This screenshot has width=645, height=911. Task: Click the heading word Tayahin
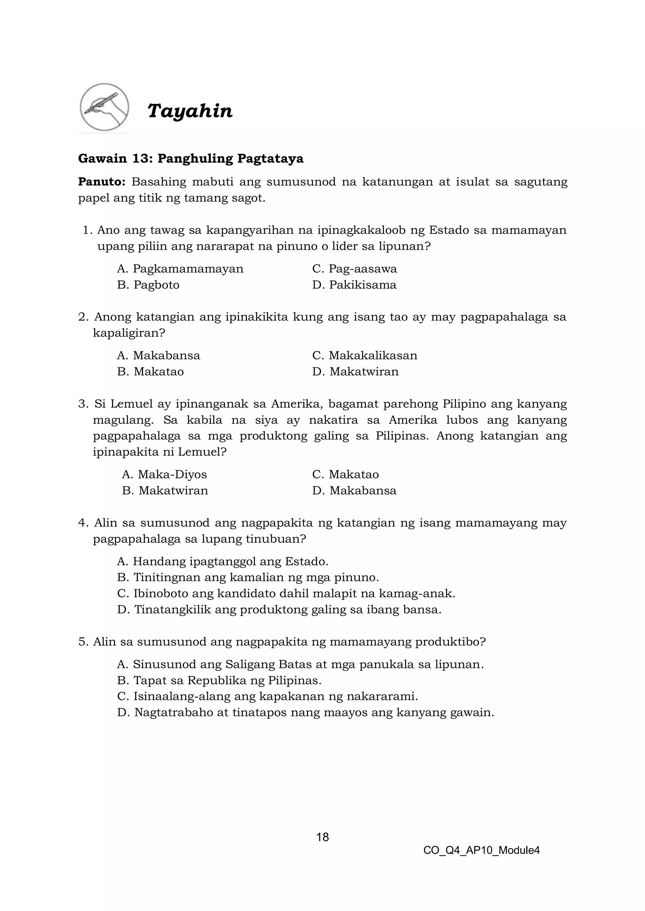click(190, 111)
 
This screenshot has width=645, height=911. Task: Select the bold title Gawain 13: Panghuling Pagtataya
click(191, 159)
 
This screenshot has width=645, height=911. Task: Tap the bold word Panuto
click(102, 182)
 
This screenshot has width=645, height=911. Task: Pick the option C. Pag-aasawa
click(354, 269)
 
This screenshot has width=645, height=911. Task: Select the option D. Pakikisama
click(354, 285)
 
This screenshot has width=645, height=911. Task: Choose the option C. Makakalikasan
click(365, 355)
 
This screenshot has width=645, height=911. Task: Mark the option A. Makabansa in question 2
click(158, 355)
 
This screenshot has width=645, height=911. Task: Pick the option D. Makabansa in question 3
click(354, 490)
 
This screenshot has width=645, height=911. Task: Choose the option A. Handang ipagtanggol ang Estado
click(223, 562)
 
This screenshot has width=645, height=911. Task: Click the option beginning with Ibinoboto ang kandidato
click(286, 594)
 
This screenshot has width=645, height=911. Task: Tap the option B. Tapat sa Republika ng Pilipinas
click(219, 680)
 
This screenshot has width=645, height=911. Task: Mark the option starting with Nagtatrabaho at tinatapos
click(305, 713)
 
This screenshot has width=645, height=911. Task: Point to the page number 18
click(322, 837)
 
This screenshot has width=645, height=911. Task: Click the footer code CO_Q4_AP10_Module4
click(481, 850)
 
